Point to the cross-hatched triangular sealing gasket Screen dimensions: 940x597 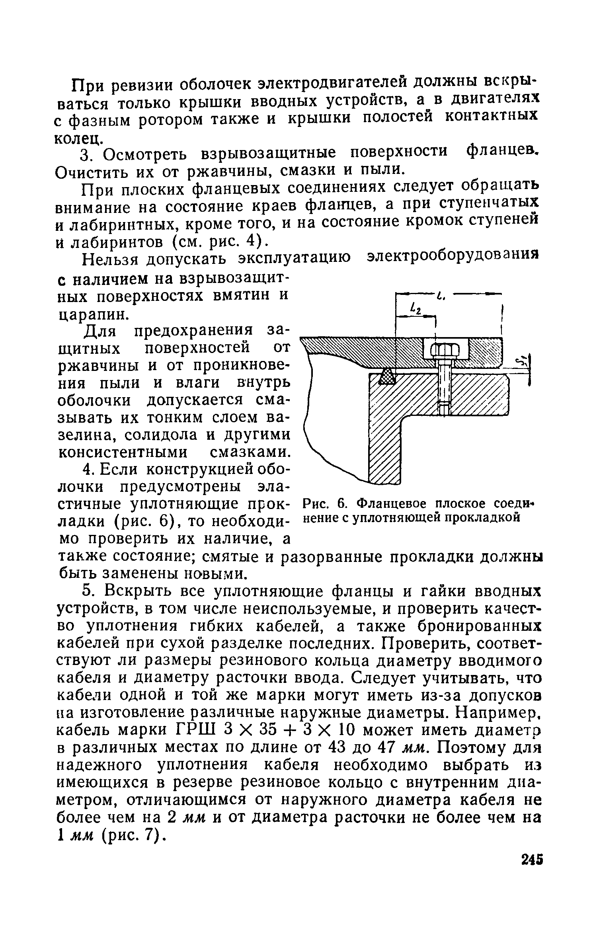(386, 376)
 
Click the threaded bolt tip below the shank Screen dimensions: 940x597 (445, 408)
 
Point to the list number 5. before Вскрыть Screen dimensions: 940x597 (89, 592)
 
